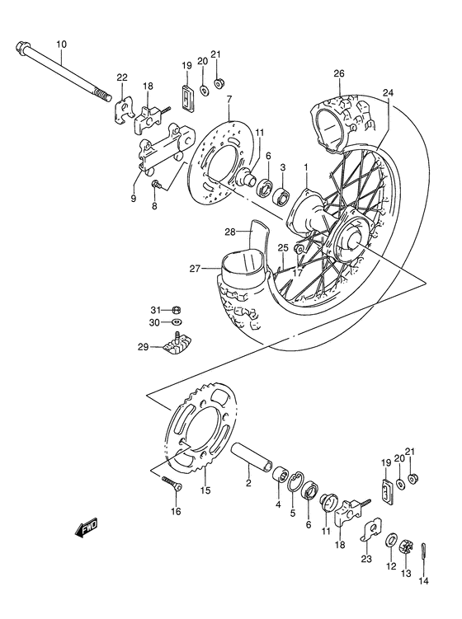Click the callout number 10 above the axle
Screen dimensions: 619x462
pos(62,44)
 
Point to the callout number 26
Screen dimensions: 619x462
pos(338,73)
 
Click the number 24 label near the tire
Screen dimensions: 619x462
pos(387,92)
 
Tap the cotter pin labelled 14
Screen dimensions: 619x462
pos(423,548)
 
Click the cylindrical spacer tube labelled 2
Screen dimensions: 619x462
pos(256,461)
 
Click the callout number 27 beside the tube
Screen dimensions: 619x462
pos(195,268)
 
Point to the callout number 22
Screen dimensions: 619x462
pos(122,77)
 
